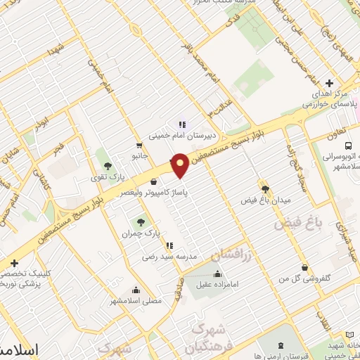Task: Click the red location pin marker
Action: click(180, 165)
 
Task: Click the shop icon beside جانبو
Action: click(139, 146)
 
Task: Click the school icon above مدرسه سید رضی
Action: click(169, 245)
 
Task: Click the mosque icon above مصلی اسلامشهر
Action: click(135, 289)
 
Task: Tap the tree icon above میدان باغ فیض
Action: click(265, 188)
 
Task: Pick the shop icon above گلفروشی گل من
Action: click(304, 268)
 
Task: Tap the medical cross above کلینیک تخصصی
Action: click(13, 263)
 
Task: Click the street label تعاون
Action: click(337, 132)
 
